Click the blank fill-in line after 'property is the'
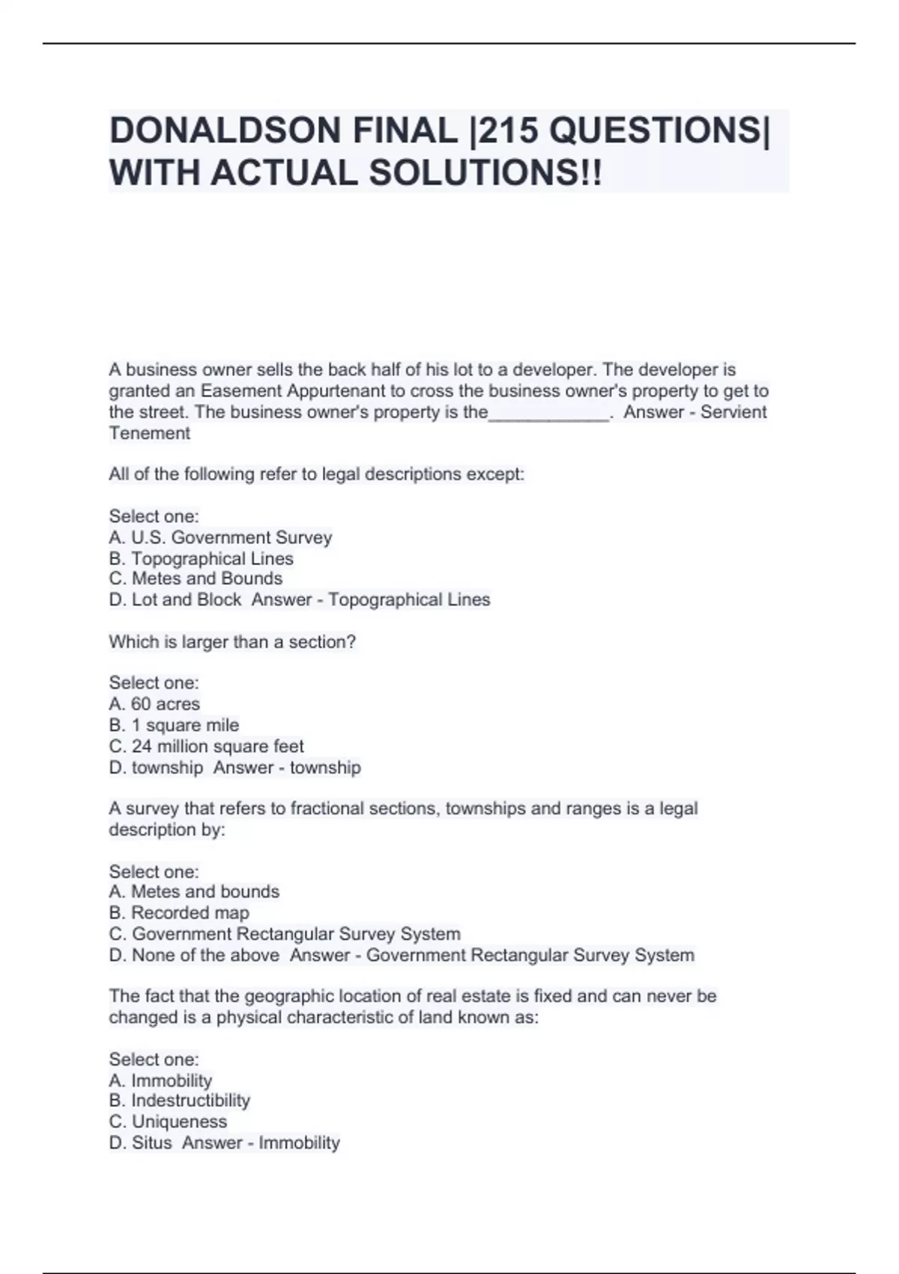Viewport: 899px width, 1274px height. pos(548,414)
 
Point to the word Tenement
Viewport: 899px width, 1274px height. pos(149,433)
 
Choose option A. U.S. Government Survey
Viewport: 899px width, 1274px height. pos(220,537)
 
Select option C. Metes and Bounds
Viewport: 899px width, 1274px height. pos(196,579)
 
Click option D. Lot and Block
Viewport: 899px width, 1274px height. pos(175,600)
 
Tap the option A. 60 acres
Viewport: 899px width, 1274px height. pos(154,704)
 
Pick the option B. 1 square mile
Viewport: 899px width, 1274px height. pos(174,725)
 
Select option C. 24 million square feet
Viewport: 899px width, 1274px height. pos(206,746)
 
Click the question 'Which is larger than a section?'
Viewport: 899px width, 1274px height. pos(232,641)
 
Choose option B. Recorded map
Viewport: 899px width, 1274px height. pos(179,913)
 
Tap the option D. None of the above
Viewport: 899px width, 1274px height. pos(195,955)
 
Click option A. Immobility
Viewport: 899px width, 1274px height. pos(160,1081)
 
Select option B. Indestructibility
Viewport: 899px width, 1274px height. pos(180,1101)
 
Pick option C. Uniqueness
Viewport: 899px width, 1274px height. pos(168,1122)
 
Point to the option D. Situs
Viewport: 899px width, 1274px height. pos(141,1143)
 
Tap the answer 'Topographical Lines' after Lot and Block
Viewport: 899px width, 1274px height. pos(409,600)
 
